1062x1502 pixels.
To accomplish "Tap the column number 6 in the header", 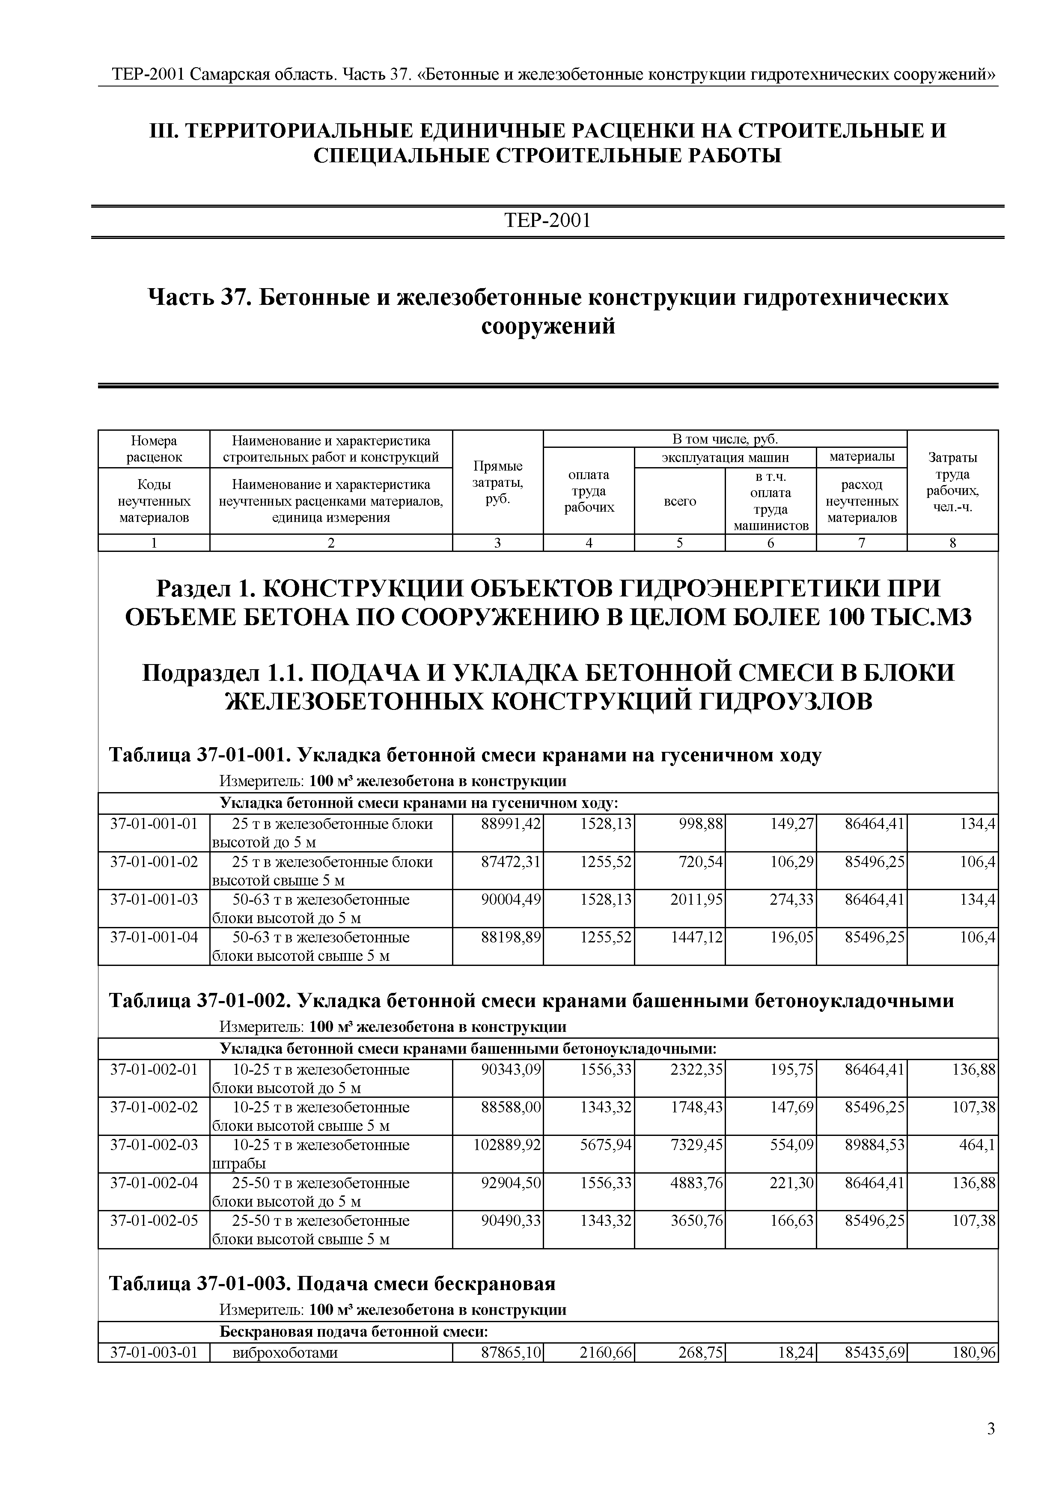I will [x=770, y=542].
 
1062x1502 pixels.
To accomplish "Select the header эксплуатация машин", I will [x=725, y=457].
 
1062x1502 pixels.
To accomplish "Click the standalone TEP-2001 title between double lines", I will [x=547, y=221].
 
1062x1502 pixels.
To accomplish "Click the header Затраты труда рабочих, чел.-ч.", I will [x=952, y=482].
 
